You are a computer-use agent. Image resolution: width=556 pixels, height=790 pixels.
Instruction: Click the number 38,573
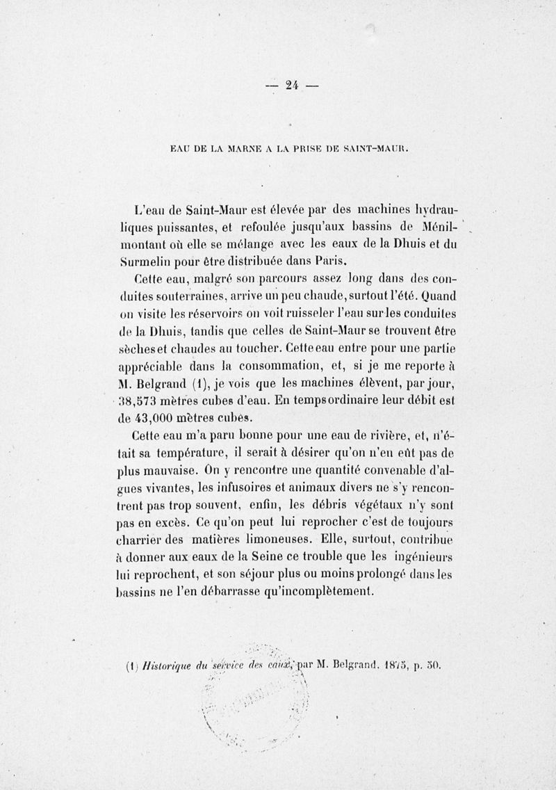(x=140, y=401)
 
